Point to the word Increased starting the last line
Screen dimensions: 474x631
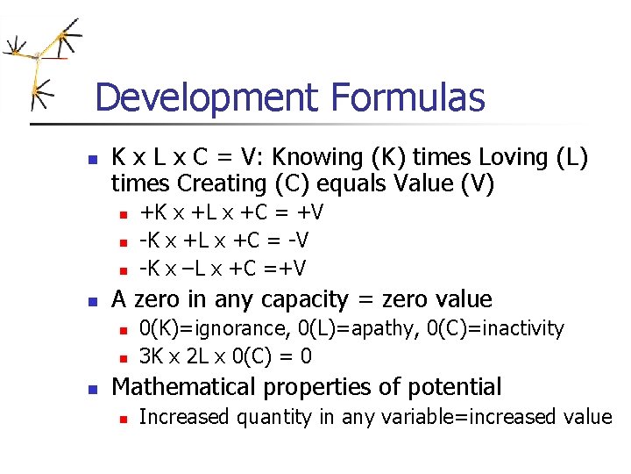coord(181,417)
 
